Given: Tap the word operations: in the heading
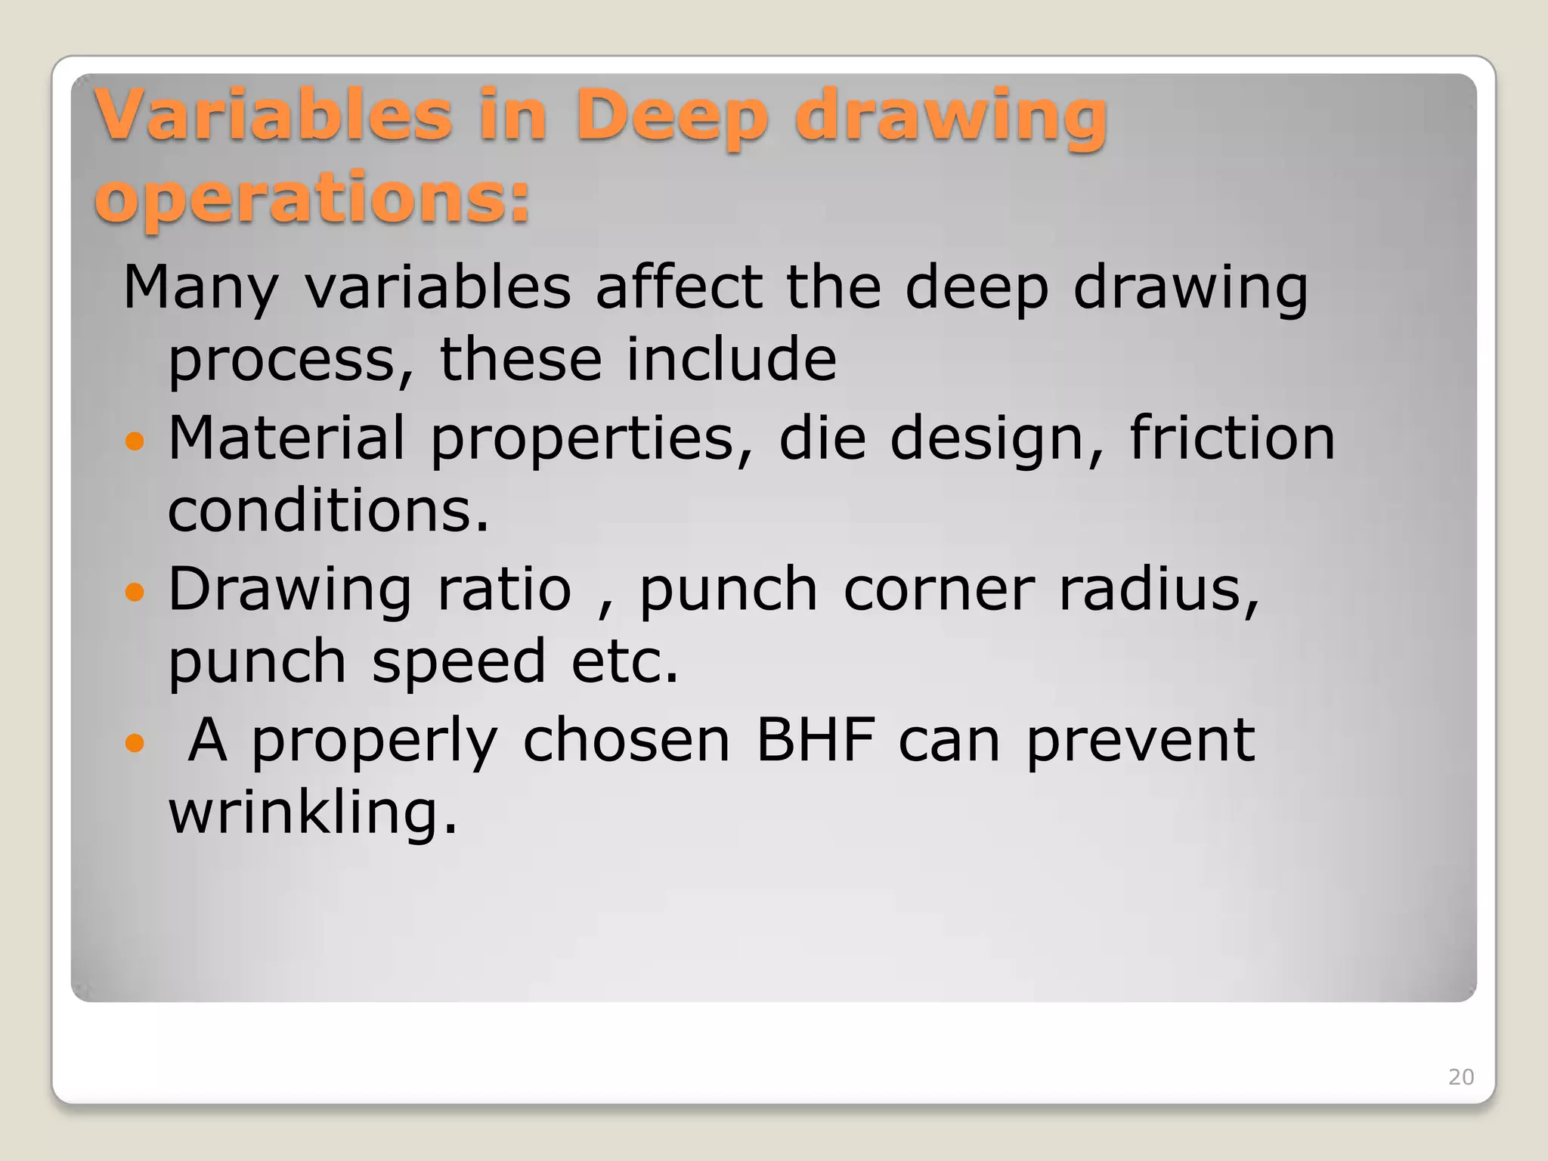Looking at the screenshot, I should pyautogui.click(x=312, y=198).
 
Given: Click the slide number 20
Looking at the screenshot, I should pyautogui.click(x=1460, y=1077).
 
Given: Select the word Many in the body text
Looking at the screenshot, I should pyautogui.click(x=200, y=289).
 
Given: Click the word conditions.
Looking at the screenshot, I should pyautogui.click(x=328, y=511).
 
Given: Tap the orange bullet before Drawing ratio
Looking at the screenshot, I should pyautogui.click(x=134, y=592).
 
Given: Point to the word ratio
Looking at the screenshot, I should pyautogui.click(x=504, y=589).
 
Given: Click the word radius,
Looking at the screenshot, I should pyautogui.click(x=1159, y=589).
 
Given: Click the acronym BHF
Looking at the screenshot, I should pyautogui.click(x=816, y=740).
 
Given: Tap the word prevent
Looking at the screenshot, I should pyautogui.click(x=1140, y=741).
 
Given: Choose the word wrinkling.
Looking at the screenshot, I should pyautogui.click(x=313, y=813).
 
